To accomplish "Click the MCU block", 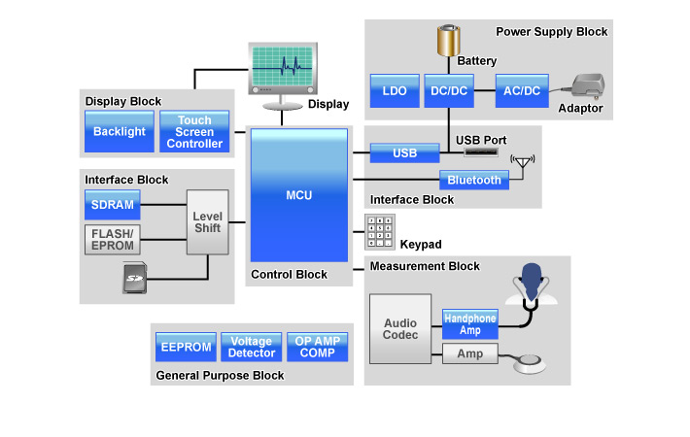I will (298, 194).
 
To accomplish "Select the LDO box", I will (395, 91).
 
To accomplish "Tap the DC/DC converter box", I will (448, 91).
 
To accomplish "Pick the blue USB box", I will (404, 153).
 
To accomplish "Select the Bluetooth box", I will (474, 180).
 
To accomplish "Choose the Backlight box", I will (119, 131).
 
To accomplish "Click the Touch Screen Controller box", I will (194, 131).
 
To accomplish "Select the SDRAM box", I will (112, 205).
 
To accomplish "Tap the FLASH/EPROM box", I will (112, 239).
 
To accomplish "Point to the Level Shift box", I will (208, 221).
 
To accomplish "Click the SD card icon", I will (134, 281).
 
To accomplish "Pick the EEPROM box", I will (185, 347).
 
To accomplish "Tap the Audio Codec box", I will (400, 328).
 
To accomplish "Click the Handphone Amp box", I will (469, 324).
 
